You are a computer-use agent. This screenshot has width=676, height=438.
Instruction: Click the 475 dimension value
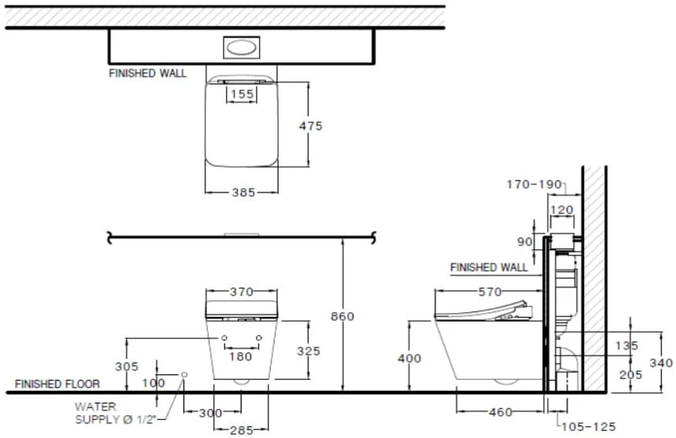click(x=310, y=126)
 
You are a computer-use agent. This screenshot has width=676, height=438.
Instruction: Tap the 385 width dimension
click(x=244, y=192)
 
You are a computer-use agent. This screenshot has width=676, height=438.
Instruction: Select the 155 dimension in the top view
click(x=242, y=94)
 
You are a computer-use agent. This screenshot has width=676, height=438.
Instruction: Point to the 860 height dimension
click(x=342, y=316)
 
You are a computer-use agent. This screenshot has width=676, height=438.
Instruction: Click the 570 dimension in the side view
click(x=489, y=292)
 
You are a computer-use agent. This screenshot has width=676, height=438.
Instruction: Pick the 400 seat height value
click(x=409, y=358)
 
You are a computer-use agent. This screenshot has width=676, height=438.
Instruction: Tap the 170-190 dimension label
click(x=534, y=184)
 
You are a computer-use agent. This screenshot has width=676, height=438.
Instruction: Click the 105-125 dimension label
click(x=588, y=427)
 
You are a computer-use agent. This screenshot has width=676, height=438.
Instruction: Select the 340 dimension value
click(x=661, y=363)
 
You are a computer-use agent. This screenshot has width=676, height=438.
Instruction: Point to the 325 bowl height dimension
click(x=308, y=351)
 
